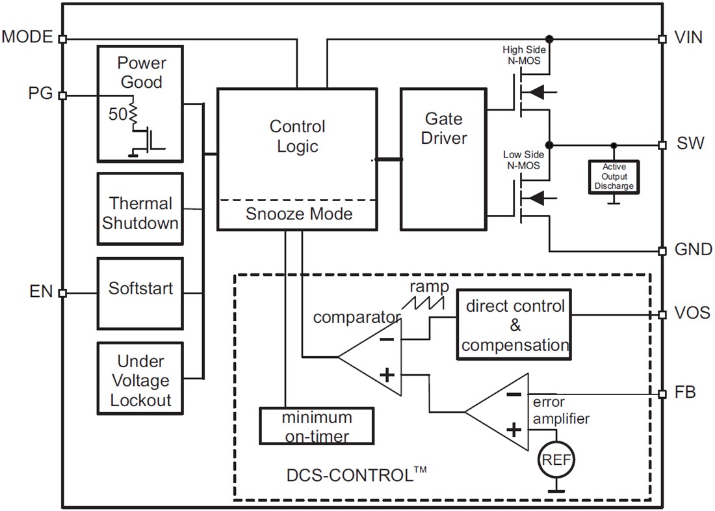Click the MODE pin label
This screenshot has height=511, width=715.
click(27, 36)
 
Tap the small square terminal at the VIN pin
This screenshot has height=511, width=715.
click(662, 39)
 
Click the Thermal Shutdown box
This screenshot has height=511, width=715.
click(140, 213)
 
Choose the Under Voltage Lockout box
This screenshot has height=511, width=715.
click(140, 380)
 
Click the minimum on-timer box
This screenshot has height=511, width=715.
click(317, 426)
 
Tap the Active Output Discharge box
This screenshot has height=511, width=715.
click(613, 176)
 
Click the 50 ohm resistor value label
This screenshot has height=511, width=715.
click(118, 115)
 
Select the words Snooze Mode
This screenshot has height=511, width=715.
click(298, 214)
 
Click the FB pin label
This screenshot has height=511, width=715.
click(685, 393)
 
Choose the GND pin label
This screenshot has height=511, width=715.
click(693, 250)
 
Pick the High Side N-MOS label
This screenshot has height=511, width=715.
click(525, 55)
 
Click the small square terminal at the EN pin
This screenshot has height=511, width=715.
click(62, 293)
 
